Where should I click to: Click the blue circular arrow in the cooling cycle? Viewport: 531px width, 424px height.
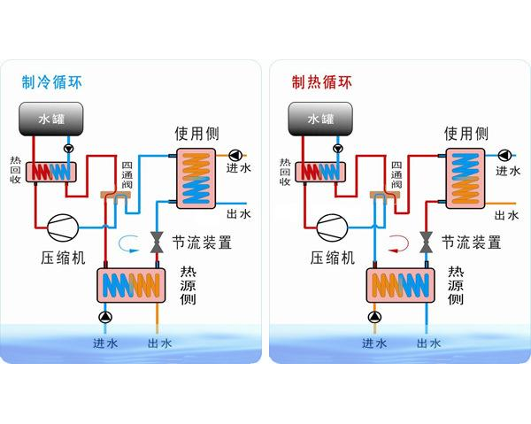tap(130, 243)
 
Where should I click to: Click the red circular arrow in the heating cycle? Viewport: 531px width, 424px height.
tap(398, 243)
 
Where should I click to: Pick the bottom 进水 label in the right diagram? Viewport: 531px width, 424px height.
tap(373, 343)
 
